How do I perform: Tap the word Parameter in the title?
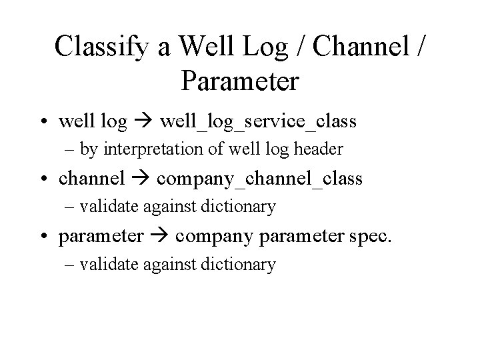point(240,82)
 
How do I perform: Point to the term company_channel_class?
point(260,179)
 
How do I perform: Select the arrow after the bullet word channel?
point(141,179)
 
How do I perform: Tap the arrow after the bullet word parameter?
point(159,236)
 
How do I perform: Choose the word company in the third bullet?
point(209,236)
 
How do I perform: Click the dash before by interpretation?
point(69,149)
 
